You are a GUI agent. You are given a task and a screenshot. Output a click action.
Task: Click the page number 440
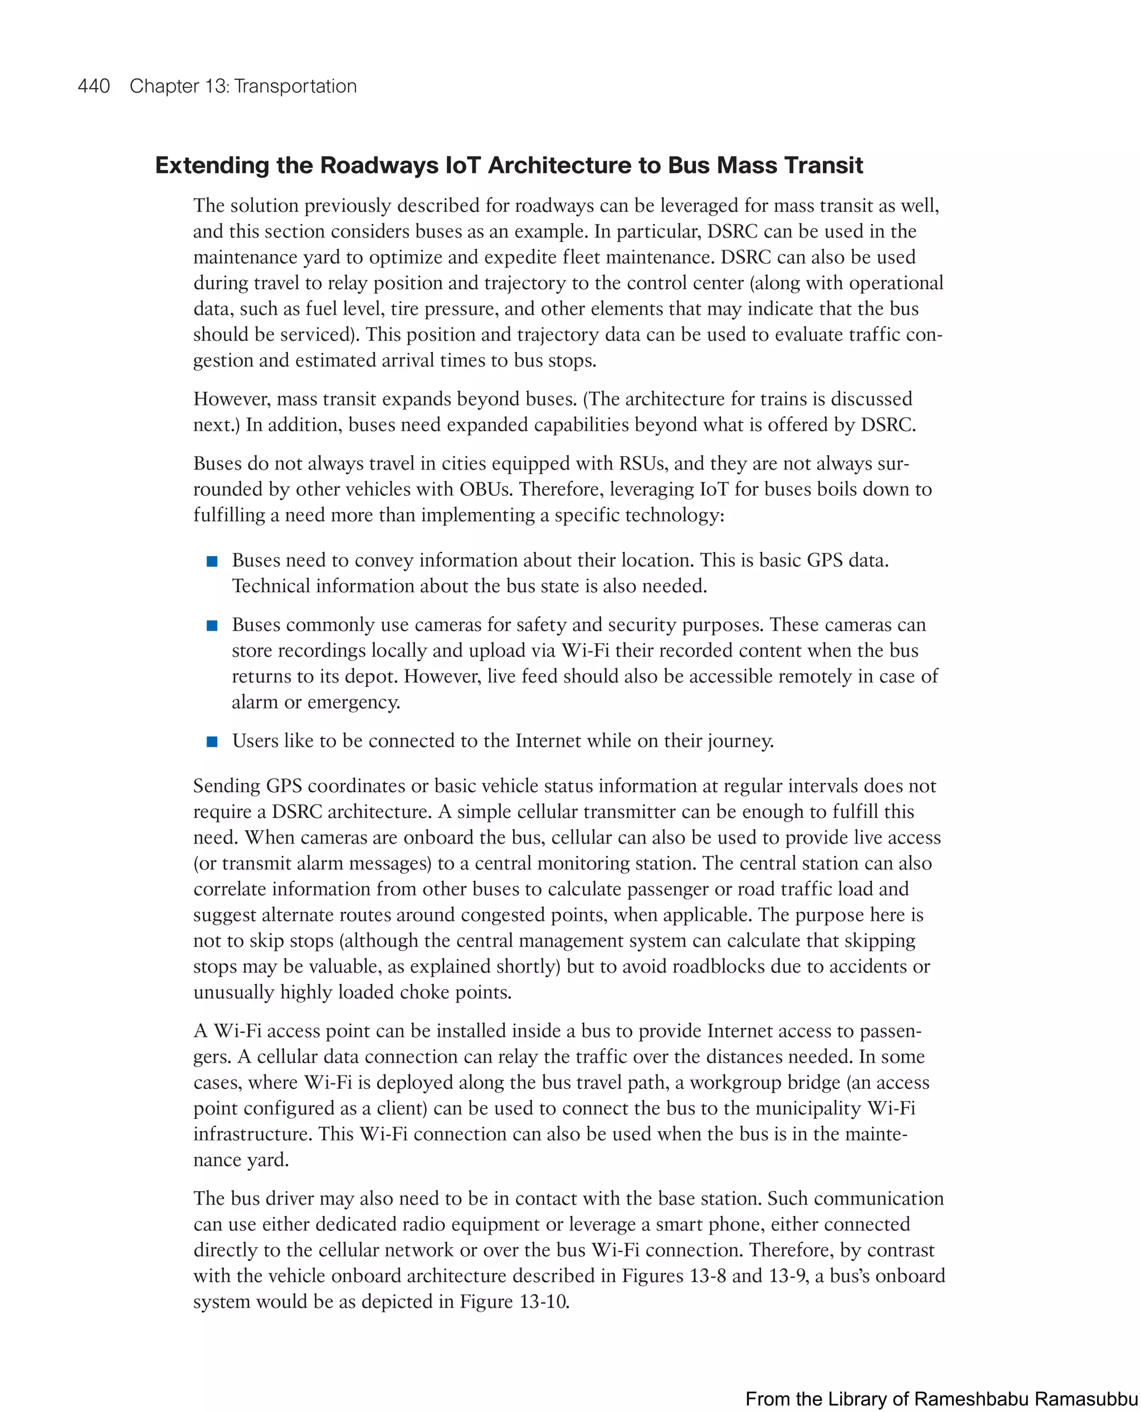tap(94, 86)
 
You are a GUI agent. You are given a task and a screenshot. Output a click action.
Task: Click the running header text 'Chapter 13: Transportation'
tap(242, 86)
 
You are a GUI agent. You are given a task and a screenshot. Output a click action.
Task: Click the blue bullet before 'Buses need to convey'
tap(212, 561)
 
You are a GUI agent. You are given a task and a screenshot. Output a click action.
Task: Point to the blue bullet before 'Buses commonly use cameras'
tap(212, 625)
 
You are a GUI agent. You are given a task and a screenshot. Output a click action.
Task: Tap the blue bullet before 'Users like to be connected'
tap(212, 742)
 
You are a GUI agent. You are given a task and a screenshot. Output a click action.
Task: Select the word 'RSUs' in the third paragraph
tap(643, 464)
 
